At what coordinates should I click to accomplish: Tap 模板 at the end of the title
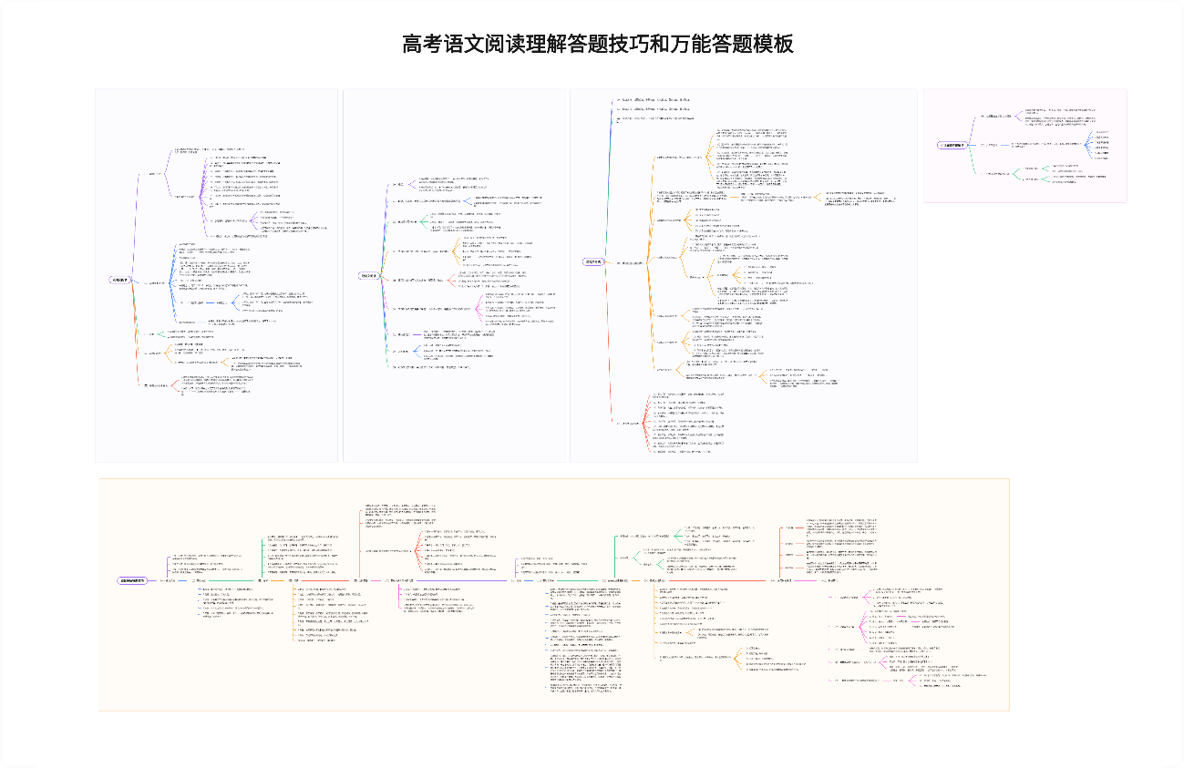pos(772,44)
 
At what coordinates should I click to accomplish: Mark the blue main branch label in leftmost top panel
pos(157,282)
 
